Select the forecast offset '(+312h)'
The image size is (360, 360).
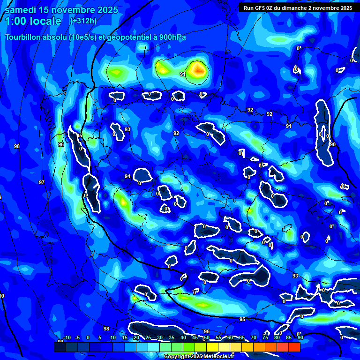pyautogui.click(x=83, y=21)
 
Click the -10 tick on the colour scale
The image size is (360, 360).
pyautogui.click(x=66, y=338)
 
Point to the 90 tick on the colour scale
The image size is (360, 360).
pyautogui.click(x=300, y=338)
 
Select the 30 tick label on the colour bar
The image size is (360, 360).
pyautogui.click(x=160, y=338)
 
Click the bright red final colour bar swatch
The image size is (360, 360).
pyautogui.click(x=294, y=347)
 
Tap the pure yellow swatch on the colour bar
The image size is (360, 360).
pyautogui.click(x=212, y=347)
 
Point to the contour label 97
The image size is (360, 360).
pyautogui.click(x=42, y=182)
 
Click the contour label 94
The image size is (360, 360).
pyautogui.click(x=127, y=176)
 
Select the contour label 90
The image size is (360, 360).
pyautogui.click(x=333, y=144)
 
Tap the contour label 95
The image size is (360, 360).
pyautogui.click(x=242, y=319)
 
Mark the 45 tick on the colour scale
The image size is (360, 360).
pyautogui.click(x=195, y=338)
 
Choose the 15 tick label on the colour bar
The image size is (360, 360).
pyautogui.click(x=125, y=338)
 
